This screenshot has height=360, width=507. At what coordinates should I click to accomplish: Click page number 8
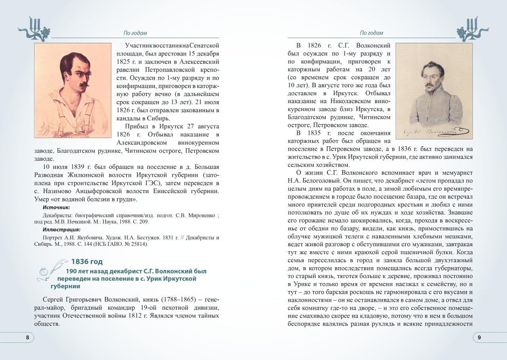[27, 337]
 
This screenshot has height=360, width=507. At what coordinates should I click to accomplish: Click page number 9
[479, 337]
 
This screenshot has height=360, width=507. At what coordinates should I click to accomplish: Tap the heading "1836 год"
[87, 261]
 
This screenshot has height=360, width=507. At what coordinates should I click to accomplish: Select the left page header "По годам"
[135, 33]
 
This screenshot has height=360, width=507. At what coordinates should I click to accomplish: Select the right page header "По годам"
[372, 33]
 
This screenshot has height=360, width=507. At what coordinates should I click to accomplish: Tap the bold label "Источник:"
[56, 207]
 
